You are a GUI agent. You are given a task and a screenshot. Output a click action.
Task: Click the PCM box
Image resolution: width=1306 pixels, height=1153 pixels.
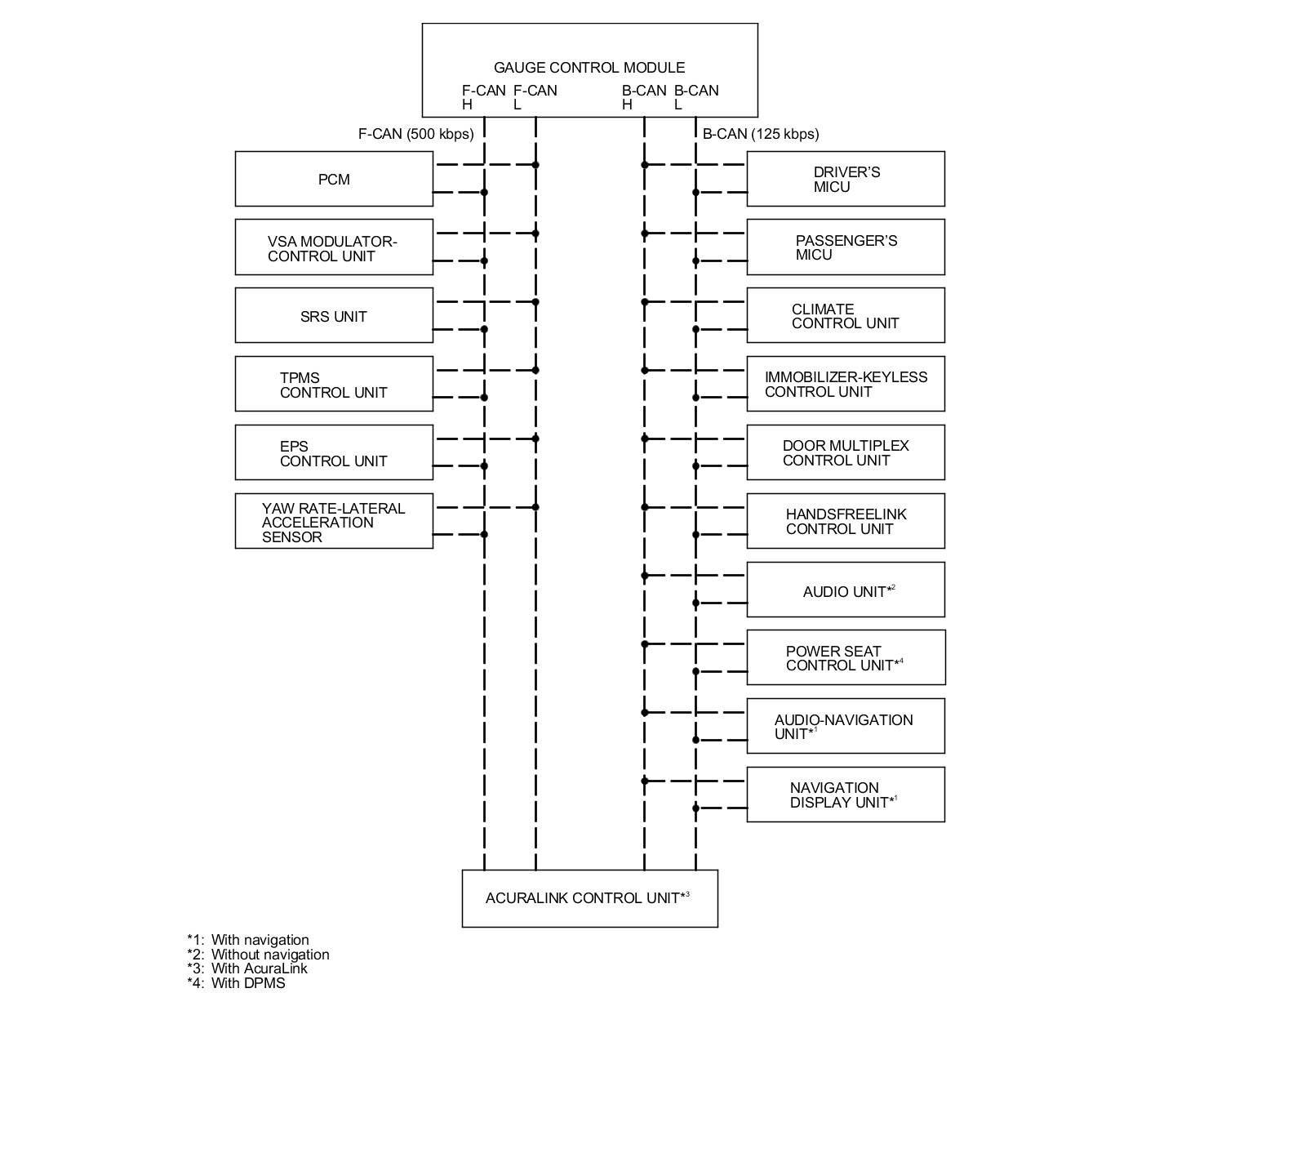(x=334, y=179)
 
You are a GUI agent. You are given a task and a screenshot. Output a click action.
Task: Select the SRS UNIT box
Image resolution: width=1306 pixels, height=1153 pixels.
(x=334, y=315)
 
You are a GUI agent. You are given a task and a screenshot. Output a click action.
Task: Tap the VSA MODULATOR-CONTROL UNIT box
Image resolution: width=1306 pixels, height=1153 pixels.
(x=334, y=247)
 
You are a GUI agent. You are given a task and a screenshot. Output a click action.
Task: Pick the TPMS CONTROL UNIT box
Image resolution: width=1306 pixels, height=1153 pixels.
(x=334, y=384)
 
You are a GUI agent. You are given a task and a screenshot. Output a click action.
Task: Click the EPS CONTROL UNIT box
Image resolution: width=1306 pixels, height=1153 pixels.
(x=334, y=452)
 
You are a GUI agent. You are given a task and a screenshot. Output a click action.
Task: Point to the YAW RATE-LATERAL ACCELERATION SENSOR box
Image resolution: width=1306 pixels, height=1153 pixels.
(x=334, y=521)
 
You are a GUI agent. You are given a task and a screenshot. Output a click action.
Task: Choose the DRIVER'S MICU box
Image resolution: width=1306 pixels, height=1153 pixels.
(x=846, y=179)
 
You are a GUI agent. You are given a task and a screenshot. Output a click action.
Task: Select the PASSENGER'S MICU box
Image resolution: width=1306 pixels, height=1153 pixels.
(x=846, y=247)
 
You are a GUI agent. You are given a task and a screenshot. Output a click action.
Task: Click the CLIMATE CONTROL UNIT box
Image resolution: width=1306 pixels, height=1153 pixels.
(x=846, y=315)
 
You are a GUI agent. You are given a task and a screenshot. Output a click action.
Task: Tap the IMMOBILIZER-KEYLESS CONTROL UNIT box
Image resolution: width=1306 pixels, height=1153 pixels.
(x=846, y=384)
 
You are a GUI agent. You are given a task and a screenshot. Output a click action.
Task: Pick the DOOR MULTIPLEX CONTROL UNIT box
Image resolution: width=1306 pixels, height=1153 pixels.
(x=846, y=452)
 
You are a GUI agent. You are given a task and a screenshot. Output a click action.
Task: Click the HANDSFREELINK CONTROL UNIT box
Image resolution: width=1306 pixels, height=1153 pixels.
(x=846, y=521)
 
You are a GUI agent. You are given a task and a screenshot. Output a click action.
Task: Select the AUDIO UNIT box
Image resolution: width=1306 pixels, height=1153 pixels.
(x=846, y=590)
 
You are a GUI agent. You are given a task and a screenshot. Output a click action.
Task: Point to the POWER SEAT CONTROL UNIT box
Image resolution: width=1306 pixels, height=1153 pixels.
(x=846, y=657)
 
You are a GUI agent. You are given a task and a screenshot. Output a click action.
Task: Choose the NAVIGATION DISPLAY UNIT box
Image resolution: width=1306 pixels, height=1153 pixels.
(x=846, y=795)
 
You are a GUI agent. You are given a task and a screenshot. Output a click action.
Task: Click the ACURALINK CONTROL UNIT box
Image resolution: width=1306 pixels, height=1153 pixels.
(x=589, y=898)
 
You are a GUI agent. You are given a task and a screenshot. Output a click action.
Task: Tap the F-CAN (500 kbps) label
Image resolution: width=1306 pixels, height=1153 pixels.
(x=415, y=134)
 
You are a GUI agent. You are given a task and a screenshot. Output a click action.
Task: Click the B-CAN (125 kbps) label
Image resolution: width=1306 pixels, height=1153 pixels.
(x=761, y=134)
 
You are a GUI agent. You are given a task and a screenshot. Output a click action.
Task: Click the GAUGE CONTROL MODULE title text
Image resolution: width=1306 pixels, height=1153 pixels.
(x=589, y=68)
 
